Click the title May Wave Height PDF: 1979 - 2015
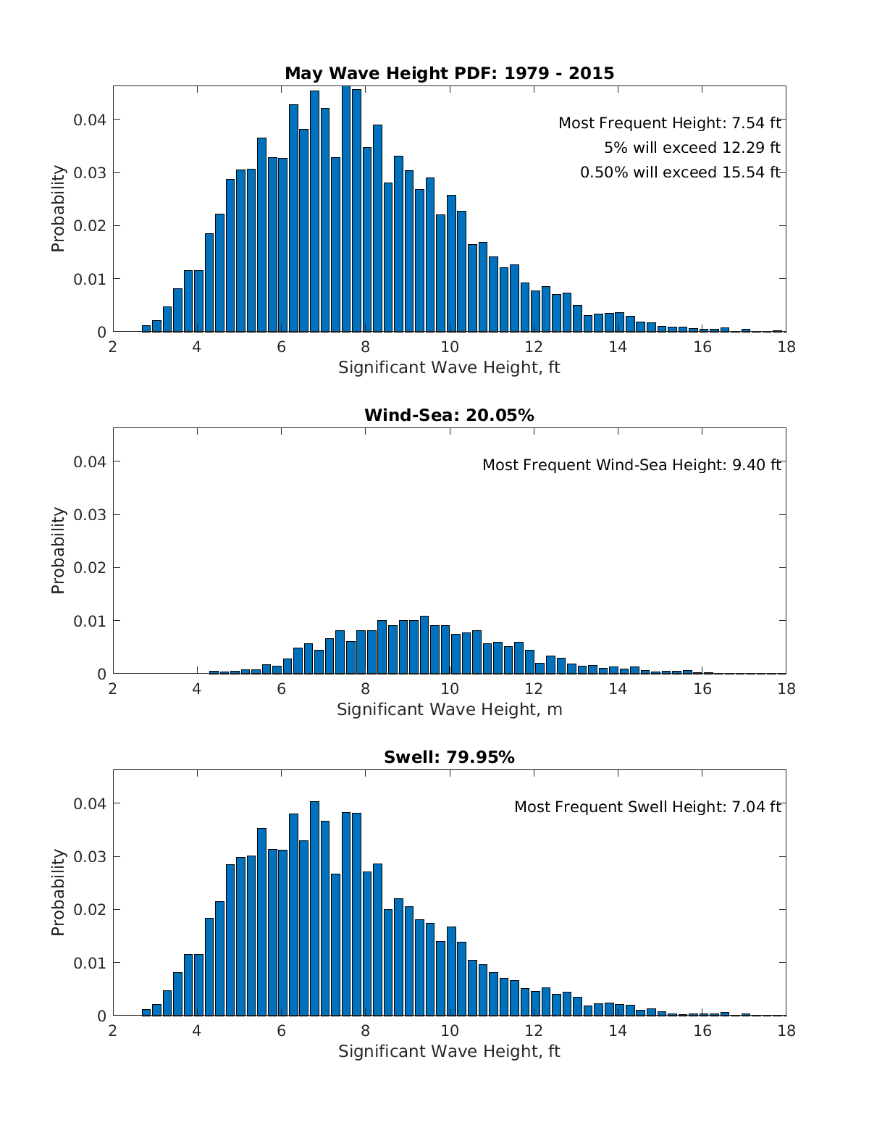(449, 73)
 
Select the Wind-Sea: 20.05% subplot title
(449, 415)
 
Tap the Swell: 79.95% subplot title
(449, 757)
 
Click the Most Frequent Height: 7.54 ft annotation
(669, 124)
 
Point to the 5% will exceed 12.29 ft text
(692, 148)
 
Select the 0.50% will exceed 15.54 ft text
(680, 172)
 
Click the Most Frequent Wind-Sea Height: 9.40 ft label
(631, 465)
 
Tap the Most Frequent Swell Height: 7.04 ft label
(647, 807)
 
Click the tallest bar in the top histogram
(346, 210)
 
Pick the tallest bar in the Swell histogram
(314, 909)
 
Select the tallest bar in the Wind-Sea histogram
(424, 645)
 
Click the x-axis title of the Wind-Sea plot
(449, 709)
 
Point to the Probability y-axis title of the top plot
(58, 209)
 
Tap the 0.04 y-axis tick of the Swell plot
(90, 804)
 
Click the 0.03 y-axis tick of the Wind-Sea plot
(90, 515)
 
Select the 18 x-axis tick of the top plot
(786, 347)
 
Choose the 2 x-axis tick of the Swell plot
(113, 1031)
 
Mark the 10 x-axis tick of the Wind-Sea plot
(450, 689)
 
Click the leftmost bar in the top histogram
(146, 329)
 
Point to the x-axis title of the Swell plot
(449, 1051)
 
